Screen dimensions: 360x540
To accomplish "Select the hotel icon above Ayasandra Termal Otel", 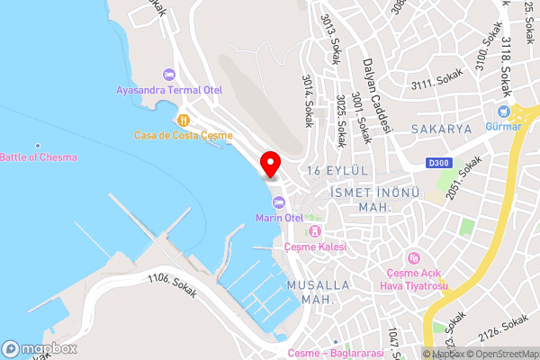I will pos(167,74).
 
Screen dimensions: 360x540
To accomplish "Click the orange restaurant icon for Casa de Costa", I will pos(183,119).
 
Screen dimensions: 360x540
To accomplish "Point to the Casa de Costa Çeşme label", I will pos(183,135).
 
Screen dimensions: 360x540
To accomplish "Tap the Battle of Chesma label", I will pos(39,157).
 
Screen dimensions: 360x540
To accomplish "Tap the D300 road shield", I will pos(439,163).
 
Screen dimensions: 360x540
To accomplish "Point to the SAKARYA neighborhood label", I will pos(442,130).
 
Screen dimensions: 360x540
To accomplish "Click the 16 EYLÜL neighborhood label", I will pos(338,171).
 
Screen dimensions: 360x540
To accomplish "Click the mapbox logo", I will pos(39,348).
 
